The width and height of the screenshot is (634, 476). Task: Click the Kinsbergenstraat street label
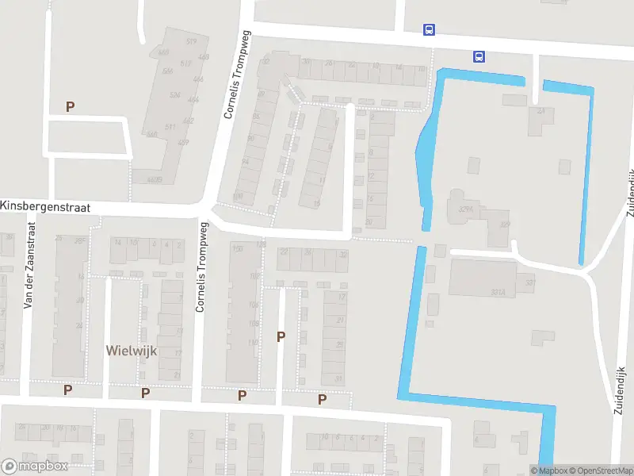[46, 206]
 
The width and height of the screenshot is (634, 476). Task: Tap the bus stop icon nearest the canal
[479, 56]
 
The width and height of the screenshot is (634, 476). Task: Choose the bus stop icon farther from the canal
[429, 30]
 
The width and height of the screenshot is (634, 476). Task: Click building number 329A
[466, 210]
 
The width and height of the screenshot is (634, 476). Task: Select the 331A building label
[498, 293]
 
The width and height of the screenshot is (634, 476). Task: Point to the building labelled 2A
[541, 112]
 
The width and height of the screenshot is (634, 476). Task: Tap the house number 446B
[154, 180]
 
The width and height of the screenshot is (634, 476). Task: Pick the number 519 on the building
[191, 41]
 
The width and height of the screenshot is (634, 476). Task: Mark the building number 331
[530, 283]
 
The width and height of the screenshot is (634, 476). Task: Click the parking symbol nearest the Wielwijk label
[145, 393]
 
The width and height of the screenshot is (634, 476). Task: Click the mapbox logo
[35, 466]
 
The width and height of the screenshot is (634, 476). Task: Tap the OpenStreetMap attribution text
[599, 470]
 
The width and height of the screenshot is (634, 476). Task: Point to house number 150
[235, 249]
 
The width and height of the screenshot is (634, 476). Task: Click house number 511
[170, 126]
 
